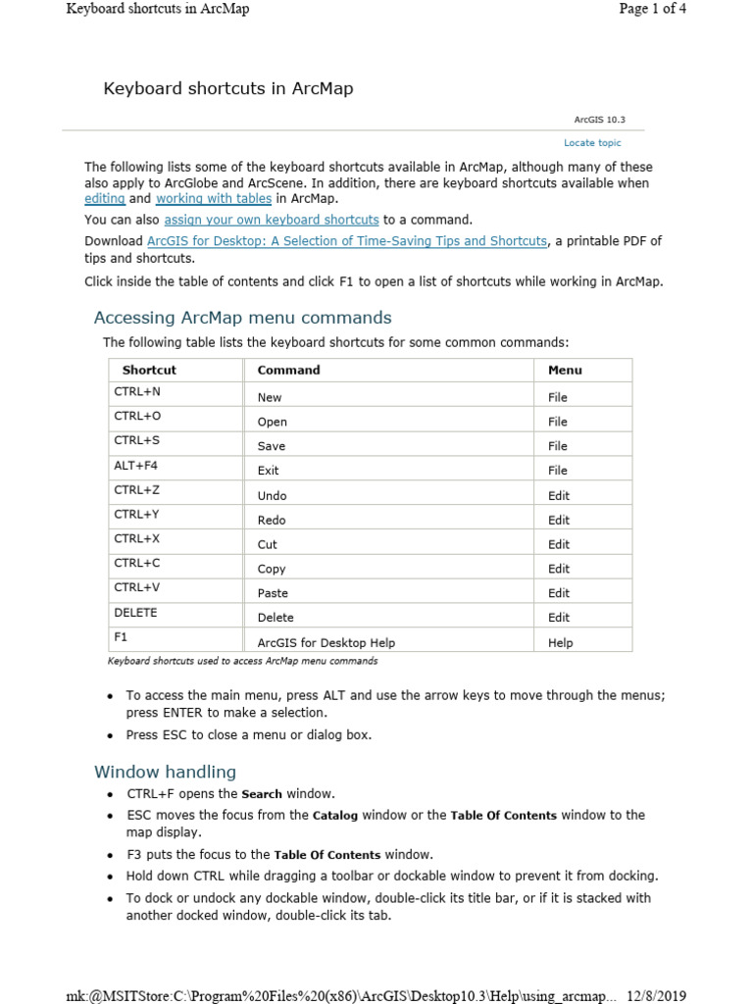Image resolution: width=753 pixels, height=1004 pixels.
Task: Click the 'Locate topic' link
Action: coord(592,143)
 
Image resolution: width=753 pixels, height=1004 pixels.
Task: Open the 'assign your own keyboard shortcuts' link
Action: coord(272,220)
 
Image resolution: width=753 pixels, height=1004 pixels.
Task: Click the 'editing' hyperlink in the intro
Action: coord(104,198)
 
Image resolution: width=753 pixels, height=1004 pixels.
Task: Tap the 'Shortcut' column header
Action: coord(149,370)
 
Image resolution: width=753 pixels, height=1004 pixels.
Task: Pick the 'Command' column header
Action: coord(288,370)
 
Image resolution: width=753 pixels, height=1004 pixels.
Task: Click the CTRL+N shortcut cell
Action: coord(137,391)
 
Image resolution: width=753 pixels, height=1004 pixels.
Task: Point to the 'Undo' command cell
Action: coord(272,495)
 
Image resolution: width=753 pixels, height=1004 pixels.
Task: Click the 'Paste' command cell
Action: coord(273,593)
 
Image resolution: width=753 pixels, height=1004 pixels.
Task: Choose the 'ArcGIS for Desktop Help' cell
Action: coord(326,643)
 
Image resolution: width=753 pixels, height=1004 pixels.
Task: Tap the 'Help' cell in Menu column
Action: coord(560,643)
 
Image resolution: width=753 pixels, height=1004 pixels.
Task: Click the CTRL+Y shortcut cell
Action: coord(136,515)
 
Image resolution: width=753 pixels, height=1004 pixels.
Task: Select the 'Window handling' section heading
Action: coord(165,772)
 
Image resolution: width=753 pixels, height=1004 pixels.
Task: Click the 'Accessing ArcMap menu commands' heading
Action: coord(242,318)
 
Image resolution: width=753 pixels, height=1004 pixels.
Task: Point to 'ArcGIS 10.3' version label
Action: coord(599,120)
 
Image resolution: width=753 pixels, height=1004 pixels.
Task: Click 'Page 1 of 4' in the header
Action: coord(653,9)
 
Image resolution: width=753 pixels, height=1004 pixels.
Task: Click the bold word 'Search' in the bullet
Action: coord(262,794)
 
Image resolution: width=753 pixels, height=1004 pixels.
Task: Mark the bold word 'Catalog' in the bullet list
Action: coord(335,816)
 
